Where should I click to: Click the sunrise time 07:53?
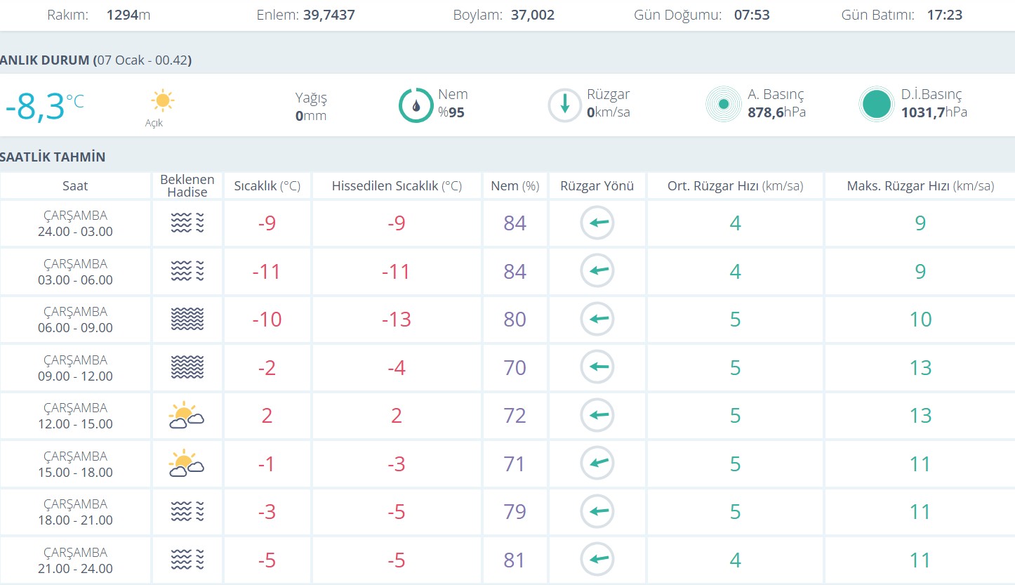(752, 15)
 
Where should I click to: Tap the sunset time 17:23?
(944, 15)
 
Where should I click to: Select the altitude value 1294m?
(128, 15)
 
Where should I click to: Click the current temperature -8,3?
(35, 107)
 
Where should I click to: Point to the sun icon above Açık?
(162, 101)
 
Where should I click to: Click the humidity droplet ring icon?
(416, 105)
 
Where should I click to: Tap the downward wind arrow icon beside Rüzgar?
(564, 105)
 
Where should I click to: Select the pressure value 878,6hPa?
(776, 112)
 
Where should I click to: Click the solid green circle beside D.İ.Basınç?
(876, 105)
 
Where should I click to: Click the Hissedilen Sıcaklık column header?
(397, 186)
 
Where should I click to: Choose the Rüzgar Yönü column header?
(597, 186)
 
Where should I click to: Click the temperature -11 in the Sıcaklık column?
(267, 272)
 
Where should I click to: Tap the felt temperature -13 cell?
(397, 320)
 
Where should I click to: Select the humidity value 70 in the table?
(515, 367)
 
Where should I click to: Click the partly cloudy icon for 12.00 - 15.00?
(186, 415)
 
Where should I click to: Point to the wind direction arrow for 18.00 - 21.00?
(597, 511)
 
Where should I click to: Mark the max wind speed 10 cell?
(920, 320)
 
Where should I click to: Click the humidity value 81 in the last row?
(515, 560)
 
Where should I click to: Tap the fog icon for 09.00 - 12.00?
(187, 367)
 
